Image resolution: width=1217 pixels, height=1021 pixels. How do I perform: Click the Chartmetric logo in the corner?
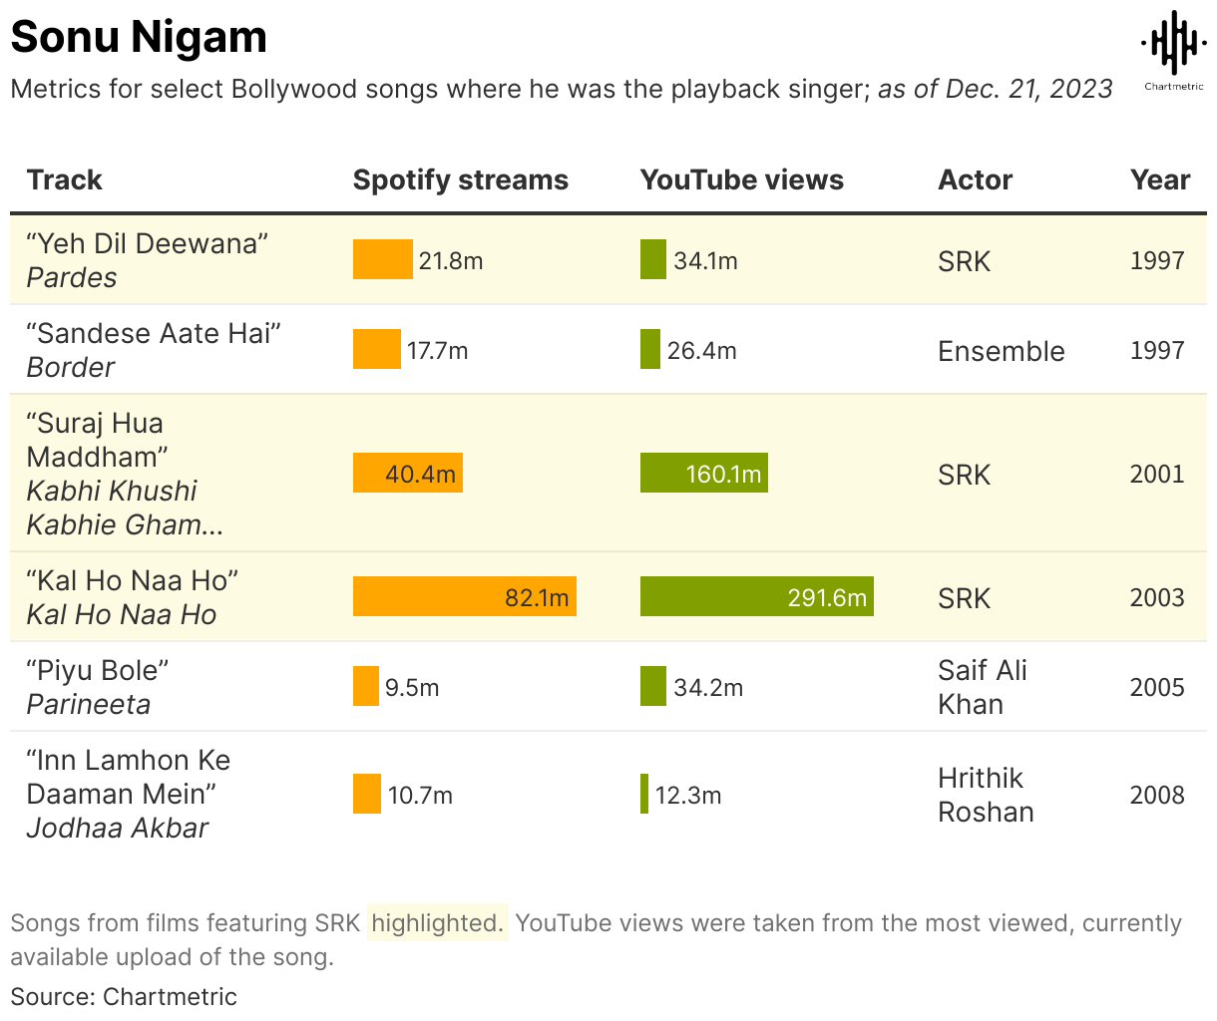[x=1173, y=50]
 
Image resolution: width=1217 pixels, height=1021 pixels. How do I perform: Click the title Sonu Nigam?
[x=139, y=37]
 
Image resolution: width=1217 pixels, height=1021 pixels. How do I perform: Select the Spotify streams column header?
[x=460, y=179]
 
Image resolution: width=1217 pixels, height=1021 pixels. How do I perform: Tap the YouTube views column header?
[x=741, y=179]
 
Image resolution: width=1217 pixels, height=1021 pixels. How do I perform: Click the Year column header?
[x=1160, y=179]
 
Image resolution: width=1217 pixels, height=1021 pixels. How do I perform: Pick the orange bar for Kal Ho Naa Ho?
[x=464, y=596]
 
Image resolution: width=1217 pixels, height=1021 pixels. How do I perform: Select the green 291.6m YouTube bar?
[x=756, y=596]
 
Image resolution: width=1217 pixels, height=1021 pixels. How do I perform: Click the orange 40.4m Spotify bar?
[x=407, y=474]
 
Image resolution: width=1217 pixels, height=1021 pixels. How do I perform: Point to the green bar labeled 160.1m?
[x=703, y=474]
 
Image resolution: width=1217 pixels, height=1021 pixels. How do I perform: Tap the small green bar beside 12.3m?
[x=644, y=794]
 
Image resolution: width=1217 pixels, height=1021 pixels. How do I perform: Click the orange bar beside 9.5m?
[x=366, y=686]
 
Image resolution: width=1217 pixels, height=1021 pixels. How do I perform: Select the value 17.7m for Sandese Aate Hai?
[x=437, y=351]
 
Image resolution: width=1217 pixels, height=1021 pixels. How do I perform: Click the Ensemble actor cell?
[x=1001, y=351]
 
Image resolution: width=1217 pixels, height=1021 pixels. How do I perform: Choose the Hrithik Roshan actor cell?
[x=985, y=795]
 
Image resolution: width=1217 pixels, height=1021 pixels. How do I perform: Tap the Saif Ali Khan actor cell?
[x=982, y=687]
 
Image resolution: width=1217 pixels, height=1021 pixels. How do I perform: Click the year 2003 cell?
[x=1156, y=597]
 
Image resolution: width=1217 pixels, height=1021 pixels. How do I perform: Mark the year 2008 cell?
[x=1156, y=795]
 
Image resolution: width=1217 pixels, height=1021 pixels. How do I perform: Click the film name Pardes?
[x=72, y=278]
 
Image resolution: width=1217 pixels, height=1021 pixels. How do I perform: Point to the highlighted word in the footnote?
[x=436, y=923]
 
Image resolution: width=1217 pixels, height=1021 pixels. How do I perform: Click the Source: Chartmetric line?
[x=124, y=996]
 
